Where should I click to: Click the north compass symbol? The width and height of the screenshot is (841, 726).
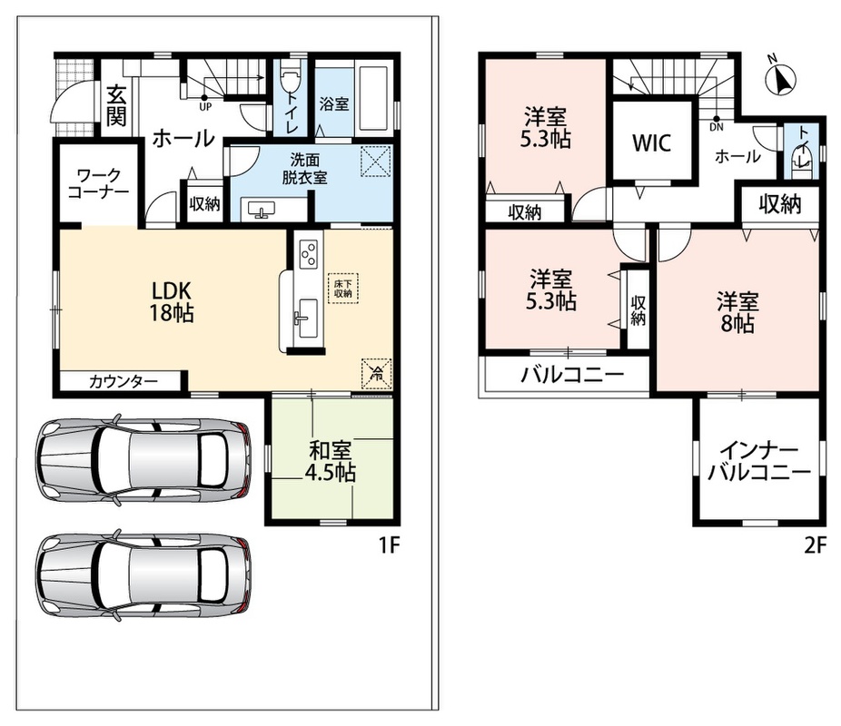(780, 77)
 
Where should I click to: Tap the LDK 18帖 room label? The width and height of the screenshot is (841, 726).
(171, 302)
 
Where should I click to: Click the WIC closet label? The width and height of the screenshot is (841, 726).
(651, 143)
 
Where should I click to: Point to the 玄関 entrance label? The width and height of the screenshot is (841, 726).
(116, 106)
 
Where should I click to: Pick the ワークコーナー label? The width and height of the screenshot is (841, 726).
(98, 183)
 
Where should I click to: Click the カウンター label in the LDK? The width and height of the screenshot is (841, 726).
(124, 381)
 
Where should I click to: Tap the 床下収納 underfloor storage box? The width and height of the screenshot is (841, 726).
(342, 289)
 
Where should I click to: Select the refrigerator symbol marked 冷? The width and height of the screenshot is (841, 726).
(377, 373)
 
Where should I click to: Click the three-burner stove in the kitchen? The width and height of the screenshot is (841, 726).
(310, 253)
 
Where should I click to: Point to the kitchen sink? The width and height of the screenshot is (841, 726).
(307, 319)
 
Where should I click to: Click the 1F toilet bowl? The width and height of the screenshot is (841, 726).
(290, 78)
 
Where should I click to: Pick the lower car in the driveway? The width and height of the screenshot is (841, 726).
(143, 576)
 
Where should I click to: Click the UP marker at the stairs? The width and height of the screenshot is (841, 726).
(205, 106)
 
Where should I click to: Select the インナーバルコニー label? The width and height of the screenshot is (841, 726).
(759, 461)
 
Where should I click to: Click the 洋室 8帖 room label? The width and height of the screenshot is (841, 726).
(738, 313)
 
